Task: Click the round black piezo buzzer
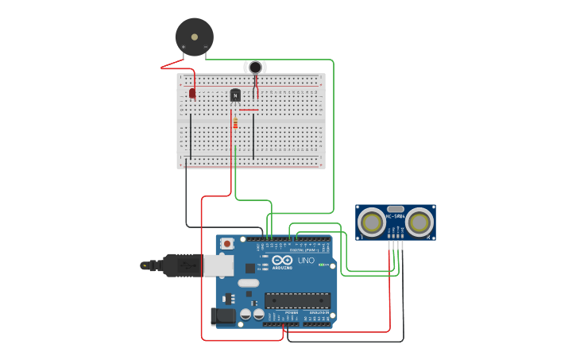click(x=195, y=37)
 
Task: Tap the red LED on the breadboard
click(x=192, y=93)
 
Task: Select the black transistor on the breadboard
click(x=235, y=95)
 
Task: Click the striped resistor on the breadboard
click(x=235, y=123)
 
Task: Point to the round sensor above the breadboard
click(x=255, y=68)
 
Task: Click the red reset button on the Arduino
click(x=227, y=243)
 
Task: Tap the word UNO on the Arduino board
click(x=306, y=261)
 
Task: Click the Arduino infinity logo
click(x=282, y=260)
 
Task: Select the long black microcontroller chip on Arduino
click(x=297, y=300)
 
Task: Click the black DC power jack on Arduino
click(x=225, y=316)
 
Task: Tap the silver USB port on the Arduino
click(x=218, y=265)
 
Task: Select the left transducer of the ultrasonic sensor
click(x=371, y=223)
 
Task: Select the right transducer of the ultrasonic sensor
click(x=419, y=223)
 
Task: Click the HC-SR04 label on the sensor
click(x=395, y=216)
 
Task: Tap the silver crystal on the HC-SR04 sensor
click(x=395, y=209)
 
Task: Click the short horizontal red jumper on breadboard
click(x=249, y=110)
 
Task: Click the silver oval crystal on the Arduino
click(x=249, y=283)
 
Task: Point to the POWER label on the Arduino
click(x=292, y=313)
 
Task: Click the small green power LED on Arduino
click(x=323, y=265)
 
